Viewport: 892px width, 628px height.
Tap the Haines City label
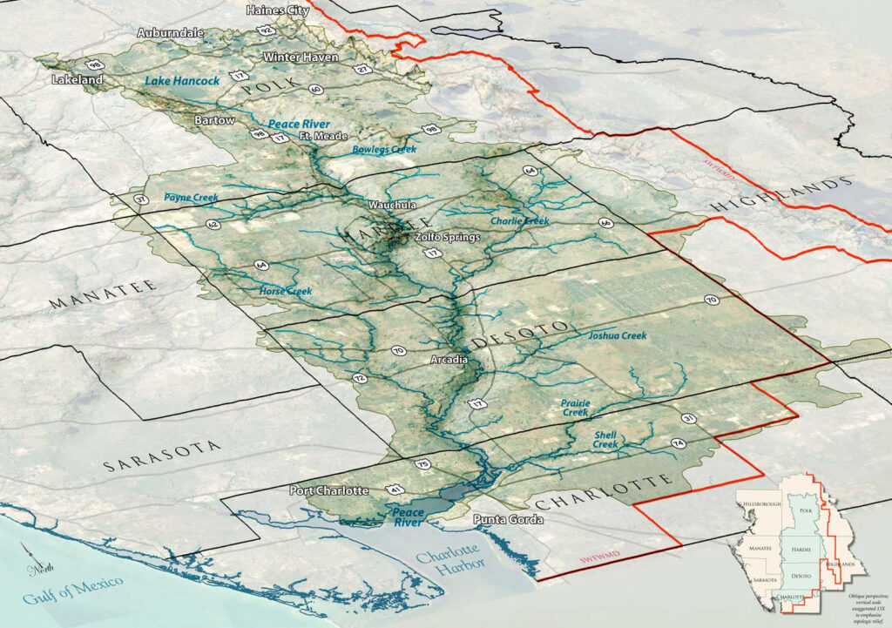coord(278,10)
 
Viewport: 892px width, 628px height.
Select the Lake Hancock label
coord(181,81)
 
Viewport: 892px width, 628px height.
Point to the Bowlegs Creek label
coord(384,150)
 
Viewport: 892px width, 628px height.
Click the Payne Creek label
coord(191,198)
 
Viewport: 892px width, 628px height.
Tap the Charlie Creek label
coord(519,221)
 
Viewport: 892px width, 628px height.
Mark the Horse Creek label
coord(285,290)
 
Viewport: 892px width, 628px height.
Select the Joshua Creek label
coord(617,335)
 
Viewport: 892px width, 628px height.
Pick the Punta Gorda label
coord(508,520)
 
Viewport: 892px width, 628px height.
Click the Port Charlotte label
coord(328,491)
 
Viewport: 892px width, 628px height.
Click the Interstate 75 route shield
coord(422,464)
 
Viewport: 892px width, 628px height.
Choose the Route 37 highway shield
coord(141,202)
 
